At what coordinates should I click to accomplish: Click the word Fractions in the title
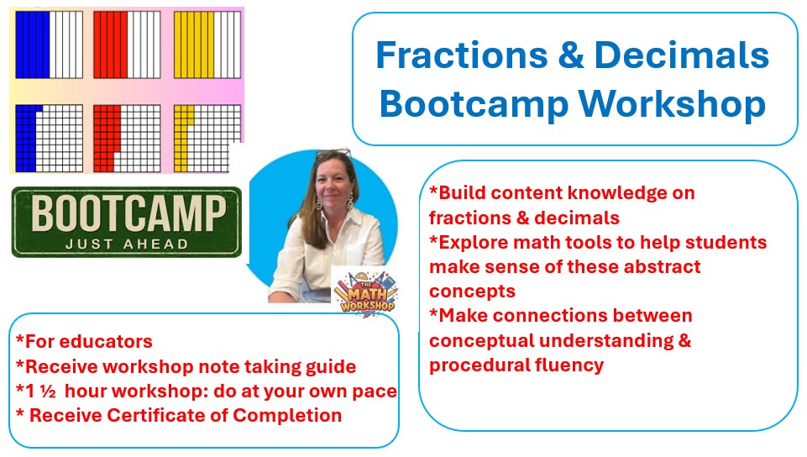(462, 55)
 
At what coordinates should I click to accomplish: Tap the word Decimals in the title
(681, 55)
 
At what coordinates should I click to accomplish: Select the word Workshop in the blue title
(672, 105)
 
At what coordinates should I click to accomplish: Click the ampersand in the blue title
(571, 55)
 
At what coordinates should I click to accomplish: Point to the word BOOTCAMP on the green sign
(128, 213)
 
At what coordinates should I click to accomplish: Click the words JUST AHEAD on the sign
(127, 244)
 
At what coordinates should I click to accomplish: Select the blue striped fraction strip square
(49, 45)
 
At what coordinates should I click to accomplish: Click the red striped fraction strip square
(127, 45)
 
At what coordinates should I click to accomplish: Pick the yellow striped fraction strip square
(207, 45)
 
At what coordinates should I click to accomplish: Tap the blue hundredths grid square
(49, 139)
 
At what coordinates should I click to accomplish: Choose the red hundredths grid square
(127, 139)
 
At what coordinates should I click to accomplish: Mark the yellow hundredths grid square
(207, 139)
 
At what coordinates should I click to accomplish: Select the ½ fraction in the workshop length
(48, 391)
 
